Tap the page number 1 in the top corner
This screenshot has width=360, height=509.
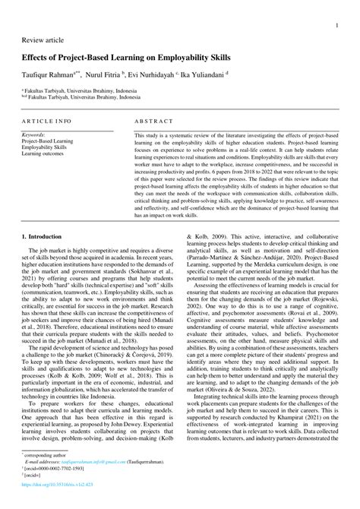336,25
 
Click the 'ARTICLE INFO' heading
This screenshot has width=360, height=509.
47,120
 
